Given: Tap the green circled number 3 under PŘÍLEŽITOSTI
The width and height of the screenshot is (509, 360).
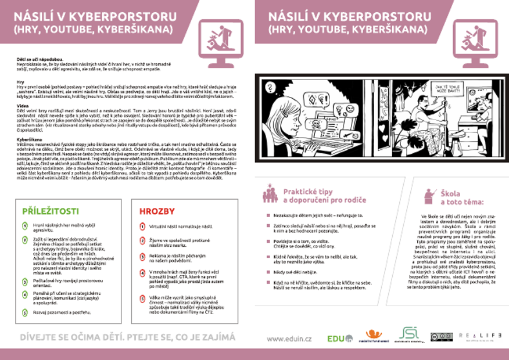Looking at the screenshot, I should [x=25, y=282].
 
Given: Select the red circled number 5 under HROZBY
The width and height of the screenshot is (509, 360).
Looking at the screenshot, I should [x=143, y=298].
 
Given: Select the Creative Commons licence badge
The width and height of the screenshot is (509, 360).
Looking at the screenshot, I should [x=441, y=337].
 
